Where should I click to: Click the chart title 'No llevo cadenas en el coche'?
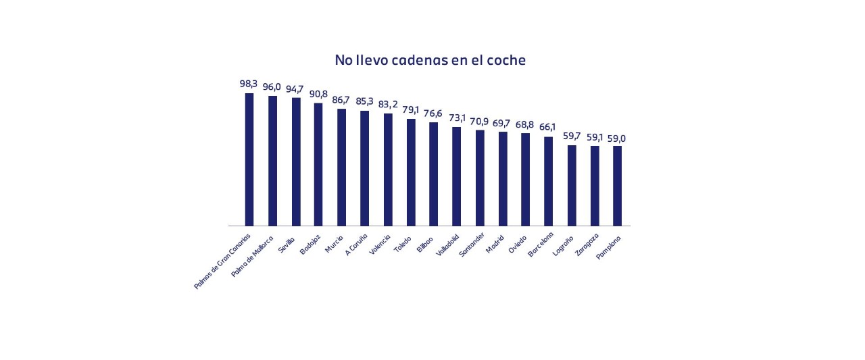point(430,60)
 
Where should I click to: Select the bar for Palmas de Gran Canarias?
point(249,159)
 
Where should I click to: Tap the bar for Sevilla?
point(296,162)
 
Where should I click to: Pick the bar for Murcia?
point(341,168)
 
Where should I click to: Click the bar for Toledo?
point(411,172)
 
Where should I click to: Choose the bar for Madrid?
point(503,178)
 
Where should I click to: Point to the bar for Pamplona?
point(617,186)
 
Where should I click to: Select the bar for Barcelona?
point(548,181)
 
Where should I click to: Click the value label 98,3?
point(249,84)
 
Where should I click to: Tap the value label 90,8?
point(318,94)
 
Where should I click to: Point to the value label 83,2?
point(388,104)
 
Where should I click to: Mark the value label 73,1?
point(457,118)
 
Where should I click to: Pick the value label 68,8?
point(526,124)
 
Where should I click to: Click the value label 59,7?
point(572,136)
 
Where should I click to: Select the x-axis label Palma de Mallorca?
point(252,257)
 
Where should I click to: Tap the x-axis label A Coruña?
point(356,245)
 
